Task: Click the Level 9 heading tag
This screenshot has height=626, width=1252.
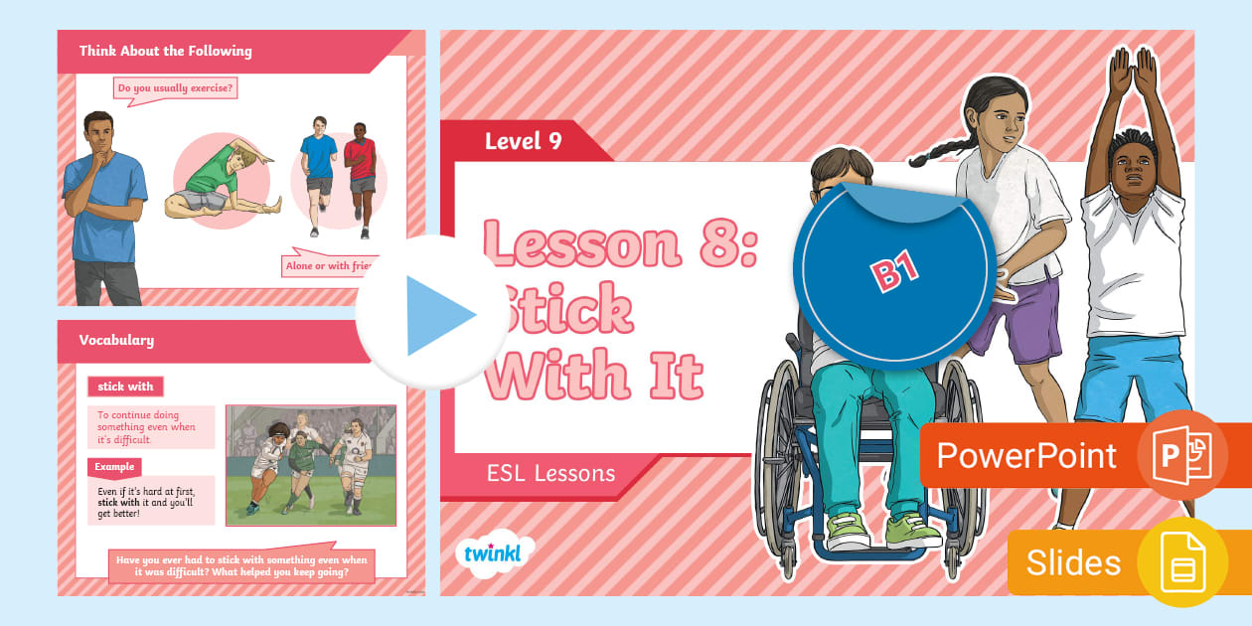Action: pyautogui.click(x=524, y=141)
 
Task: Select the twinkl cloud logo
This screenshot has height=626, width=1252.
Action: pyautogui.click(x=493, y=551)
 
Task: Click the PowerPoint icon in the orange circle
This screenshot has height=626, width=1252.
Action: pyautogui.click(x=1181, y=455)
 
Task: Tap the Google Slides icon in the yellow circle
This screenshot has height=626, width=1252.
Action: pyautogui.click(x=1182, y=562)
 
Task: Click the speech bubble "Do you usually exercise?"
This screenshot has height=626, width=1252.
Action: pyautogui.click(x=175, y=89)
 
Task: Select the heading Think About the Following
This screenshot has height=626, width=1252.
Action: pyautogui.click(x=166, y=51)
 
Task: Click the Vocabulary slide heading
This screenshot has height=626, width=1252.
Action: pyautogui.click(x=117, y=340)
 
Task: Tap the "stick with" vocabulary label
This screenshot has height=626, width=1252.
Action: pyautogui.click(x=124, y=387)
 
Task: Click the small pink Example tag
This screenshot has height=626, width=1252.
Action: pyautogui.click(x=114, y=466)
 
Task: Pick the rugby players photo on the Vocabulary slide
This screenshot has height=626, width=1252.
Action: pyautogui.click(x=310, y=464)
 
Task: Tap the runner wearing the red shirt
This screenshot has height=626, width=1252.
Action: pyautogui.click(x=361, y=174)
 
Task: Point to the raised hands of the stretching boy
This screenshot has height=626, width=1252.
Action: pyautogui.click(x=1134, y=75)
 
